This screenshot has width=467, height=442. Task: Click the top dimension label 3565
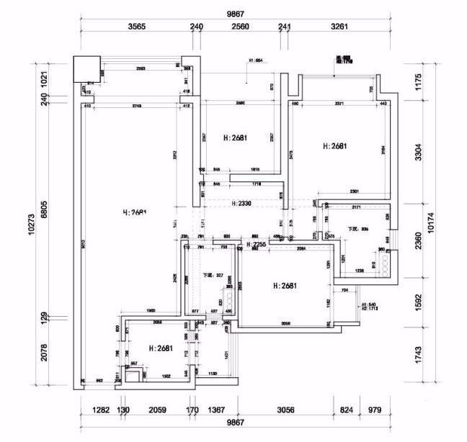137,27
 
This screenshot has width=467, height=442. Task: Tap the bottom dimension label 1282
100,410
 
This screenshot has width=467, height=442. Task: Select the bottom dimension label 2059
156,410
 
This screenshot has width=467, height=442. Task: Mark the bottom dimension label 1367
215,410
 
